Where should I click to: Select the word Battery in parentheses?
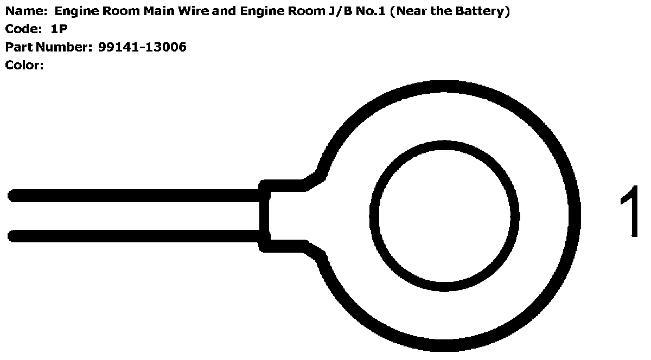pyautogui.click(x=482, y=11)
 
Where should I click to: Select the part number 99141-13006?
pyautogui.click(x=142, y=47)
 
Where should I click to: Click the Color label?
pyautogui.click(x=24, y=65)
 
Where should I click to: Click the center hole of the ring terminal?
pyautogui.click(x=444, y=216)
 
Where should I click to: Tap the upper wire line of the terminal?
pyautogui.click(x=136, y=196)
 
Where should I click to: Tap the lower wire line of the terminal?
pyautogui.click(x=136, y=236)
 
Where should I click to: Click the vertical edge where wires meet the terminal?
pyautogui.click(x=264, y=216)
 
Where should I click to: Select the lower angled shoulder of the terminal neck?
pyautogui.click(x=315, y=250)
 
